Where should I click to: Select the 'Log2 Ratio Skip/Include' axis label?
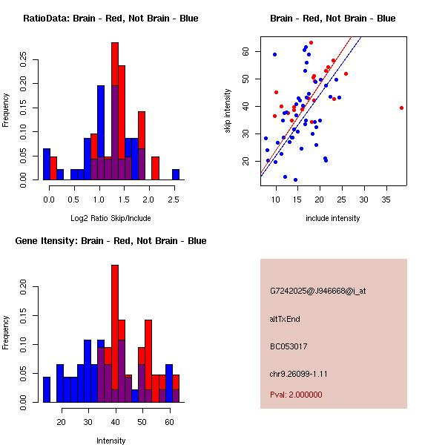(111, 218)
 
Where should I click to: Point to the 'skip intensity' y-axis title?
(228, 111)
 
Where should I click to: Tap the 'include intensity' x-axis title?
(333, 218)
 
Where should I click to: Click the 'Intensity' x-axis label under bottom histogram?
(111, 441)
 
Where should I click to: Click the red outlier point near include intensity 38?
(401, 108)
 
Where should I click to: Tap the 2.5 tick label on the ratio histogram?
(173, 200)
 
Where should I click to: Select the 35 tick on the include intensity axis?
(386, 200)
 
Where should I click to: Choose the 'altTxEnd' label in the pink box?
(285, 320)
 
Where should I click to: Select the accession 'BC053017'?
(289, 346)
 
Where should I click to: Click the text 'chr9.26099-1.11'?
(299, 374)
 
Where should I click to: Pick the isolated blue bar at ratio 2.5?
(176, 174)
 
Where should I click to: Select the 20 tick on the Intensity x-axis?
(62, 422)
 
